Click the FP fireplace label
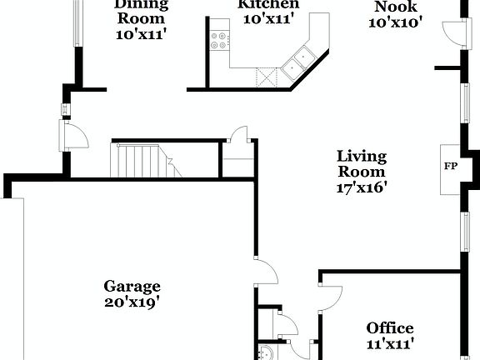point(450,165)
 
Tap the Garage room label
point(132,286)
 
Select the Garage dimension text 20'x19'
point(132,302)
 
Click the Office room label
point(390,327)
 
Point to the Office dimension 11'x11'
point(390,342)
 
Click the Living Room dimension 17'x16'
point(362,187)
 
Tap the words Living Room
point(362,164)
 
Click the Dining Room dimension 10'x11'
point(140,35)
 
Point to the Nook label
point(396,7)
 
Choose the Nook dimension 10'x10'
point(396,22)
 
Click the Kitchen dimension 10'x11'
point(268,19)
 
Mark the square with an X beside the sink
point(267,77)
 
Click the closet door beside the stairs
point(237,137)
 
